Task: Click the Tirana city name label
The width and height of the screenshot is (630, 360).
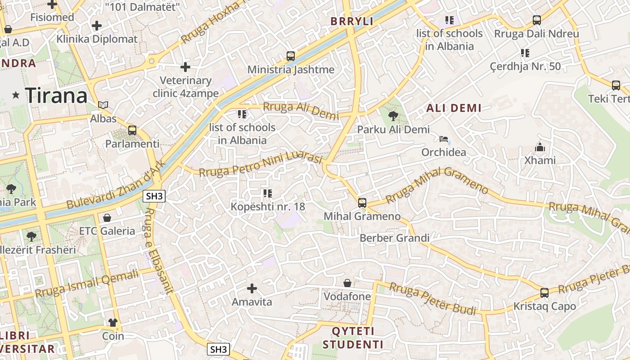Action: point(56,95)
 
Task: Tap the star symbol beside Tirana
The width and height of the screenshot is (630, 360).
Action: point(16,94)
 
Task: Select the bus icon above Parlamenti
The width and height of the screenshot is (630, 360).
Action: point(132,130)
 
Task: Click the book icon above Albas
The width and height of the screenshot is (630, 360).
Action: point(103,105)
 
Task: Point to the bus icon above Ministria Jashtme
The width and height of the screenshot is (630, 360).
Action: point(291,56)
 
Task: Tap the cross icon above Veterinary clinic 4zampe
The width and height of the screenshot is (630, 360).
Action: point(185,67)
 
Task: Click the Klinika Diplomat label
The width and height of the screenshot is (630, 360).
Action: point(97,39)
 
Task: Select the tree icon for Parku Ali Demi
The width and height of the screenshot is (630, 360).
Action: point(393,116)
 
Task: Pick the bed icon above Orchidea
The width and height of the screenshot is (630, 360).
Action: point(444,139)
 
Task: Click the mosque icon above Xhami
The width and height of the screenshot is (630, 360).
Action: point(540,147)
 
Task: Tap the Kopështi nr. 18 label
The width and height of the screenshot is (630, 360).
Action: point(268,207)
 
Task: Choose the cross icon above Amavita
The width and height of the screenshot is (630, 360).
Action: point(252,288)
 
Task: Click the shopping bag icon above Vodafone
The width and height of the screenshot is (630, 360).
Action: point(347,283)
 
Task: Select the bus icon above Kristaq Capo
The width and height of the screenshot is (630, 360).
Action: point(544,293)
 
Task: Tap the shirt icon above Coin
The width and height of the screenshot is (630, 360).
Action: point(112,322)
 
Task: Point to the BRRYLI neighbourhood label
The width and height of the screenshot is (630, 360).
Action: point(352,21)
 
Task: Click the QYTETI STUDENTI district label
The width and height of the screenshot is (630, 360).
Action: point(353,338)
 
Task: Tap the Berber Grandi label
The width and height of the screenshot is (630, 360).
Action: point(395,238)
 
